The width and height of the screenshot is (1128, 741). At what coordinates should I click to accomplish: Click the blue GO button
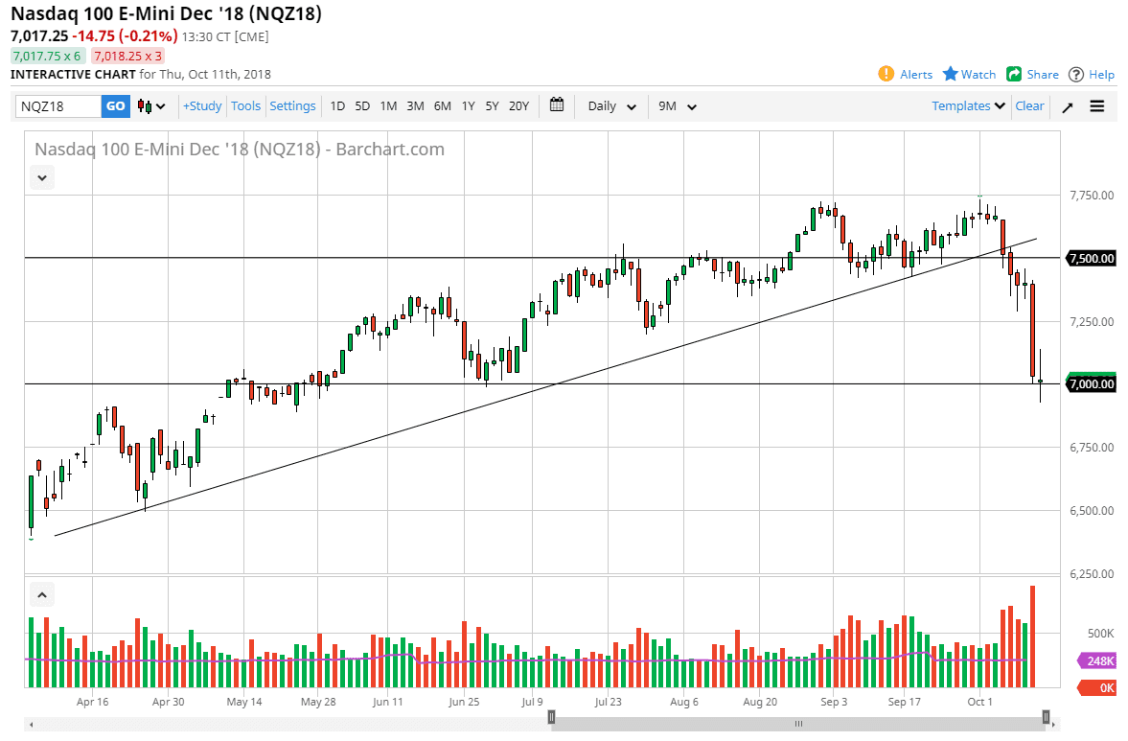[115, 106]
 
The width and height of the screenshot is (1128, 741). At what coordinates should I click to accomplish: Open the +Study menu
[202, 106]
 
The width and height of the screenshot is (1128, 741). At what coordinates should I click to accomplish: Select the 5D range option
[362, 106]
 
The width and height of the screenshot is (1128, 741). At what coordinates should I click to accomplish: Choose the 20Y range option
[518, 106]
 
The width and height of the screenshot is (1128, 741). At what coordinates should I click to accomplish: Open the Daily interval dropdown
[611, 106]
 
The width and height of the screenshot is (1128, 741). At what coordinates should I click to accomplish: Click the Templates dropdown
[968, 106]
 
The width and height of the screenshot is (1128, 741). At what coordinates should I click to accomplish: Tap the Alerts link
[906, 74]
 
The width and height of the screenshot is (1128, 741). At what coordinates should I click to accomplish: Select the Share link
[1032, 74]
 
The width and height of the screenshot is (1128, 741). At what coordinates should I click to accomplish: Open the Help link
[1092, 74]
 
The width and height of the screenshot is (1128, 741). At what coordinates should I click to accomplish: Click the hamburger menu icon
[1097, 106]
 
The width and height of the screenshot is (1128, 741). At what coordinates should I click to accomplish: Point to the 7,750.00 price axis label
[1091, 196]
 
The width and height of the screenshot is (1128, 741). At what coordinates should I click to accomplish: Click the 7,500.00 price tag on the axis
[1091, 259]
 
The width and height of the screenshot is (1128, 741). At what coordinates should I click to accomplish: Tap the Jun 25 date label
[464, 702]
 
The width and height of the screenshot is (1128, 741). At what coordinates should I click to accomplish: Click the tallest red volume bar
[1032, 636]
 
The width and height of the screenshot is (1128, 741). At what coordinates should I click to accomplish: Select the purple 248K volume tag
[1096, 660]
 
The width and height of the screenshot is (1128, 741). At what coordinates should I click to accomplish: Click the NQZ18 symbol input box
[58, 106]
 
